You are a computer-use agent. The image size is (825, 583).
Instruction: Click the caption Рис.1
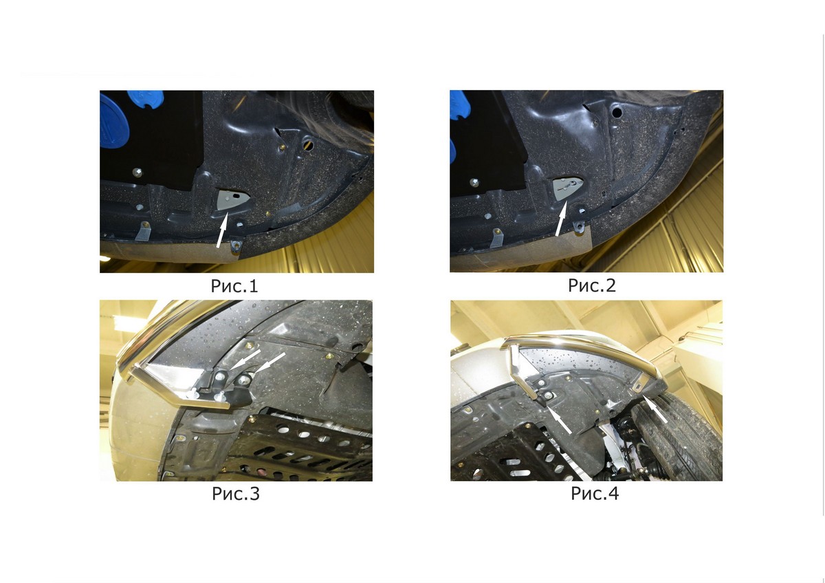(234, 286)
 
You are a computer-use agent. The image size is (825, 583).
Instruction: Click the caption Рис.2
(591, 285)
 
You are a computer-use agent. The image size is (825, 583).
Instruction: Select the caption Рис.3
(236, 494)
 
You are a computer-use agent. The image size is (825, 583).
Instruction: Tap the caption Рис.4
(595, 494)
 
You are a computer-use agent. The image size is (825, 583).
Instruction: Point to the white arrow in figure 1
(223, 230)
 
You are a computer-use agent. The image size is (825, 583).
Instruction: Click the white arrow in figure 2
(562, 219)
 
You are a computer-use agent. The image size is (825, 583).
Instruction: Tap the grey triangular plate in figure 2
(567, 188)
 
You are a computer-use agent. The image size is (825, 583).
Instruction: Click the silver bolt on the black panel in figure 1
(137, 171)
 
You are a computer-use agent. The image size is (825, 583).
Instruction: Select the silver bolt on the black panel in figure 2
(474, 182)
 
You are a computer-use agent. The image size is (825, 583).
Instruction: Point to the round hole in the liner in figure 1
(308, 146)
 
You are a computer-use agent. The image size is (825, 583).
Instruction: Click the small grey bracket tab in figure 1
(143, 231)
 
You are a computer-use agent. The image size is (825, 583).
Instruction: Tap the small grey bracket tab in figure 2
(496, 239)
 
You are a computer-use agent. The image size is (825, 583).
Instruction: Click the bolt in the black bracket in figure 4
(549, 395)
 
